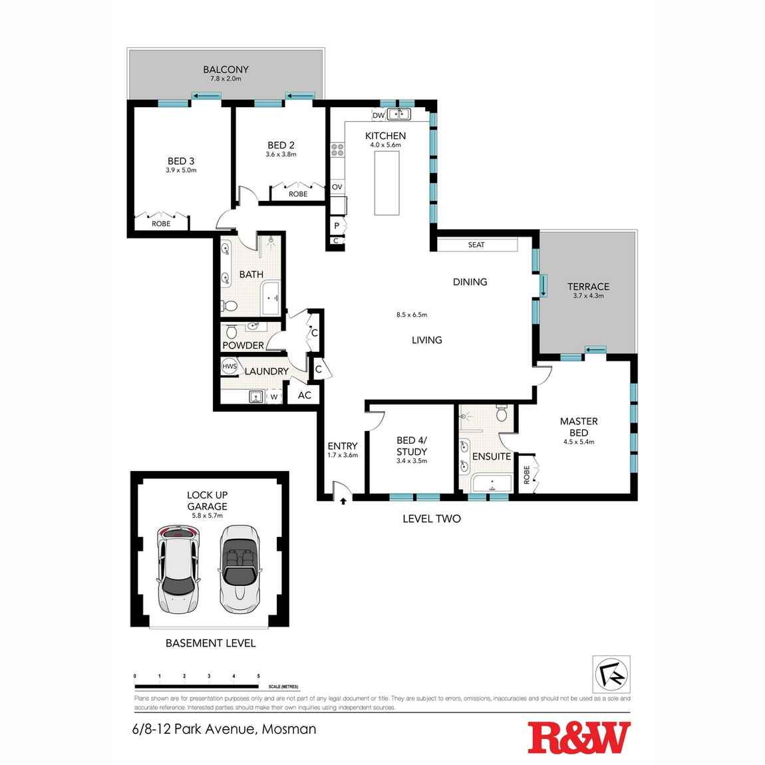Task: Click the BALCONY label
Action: coord(226,69)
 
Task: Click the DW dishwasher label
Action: coord(378,116)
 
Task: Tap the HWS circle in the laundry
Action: coord(230,367)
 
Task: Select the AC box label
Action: coord(304,395)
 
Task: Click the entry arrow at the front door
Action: coord(343,500)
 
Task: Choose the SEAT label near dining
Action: coord(476,245)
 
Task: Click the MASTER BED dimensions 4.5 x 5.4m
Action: coord(578,442)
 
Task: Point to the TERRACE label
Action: coord(588,287)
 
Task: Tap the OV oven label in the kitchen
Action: coord(337,188)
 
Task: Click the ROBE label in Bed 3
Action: coord(161,224)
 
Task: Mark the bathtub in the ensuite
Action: coord(491,484)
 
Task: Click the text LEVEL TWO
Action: coord(431,518)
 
